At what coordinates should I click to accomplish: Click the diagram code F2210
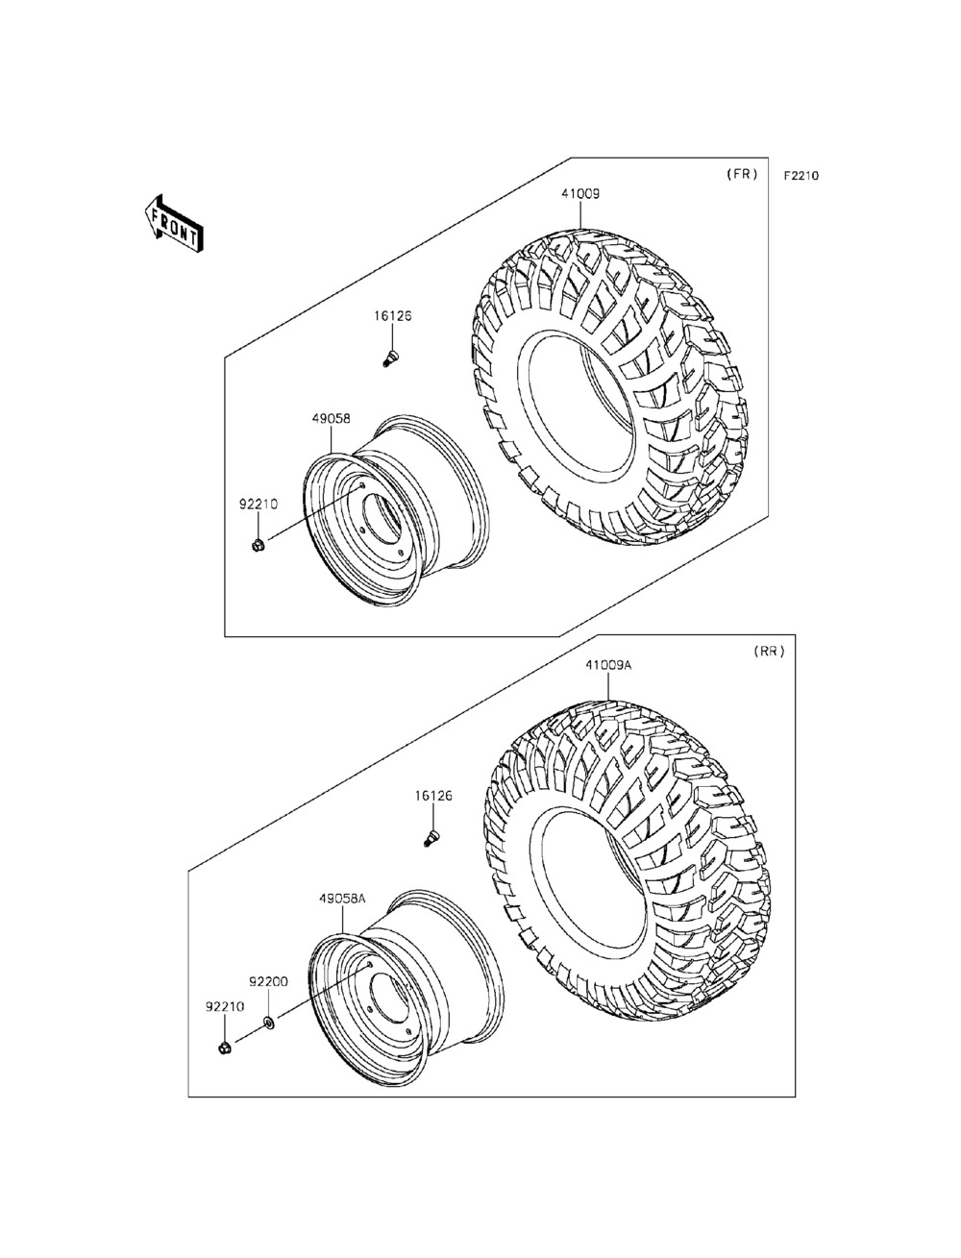click(x=801, y=176)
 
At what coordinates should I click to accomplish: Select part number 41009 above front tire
click(x=581, y=193)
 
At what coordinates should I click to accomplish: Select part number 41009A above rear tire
click(x=607, y=665)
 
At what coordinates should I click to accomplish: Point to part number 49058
click(x=331, y=419)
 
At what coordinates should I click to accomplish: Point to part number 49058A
click(x=343, y=898)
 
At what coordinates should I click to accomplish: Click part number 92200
click(x=268, y=982)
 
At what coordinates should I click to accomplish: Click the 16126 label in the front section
click(x=393, y=315)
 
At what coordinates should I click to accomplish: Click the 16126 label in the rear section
click(x=433, y=796)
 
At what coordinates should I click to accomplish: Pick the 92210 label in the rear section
click(x=224, y=1006)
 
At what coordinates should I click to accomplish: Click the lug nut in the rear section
click(x=223, y=1047)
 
